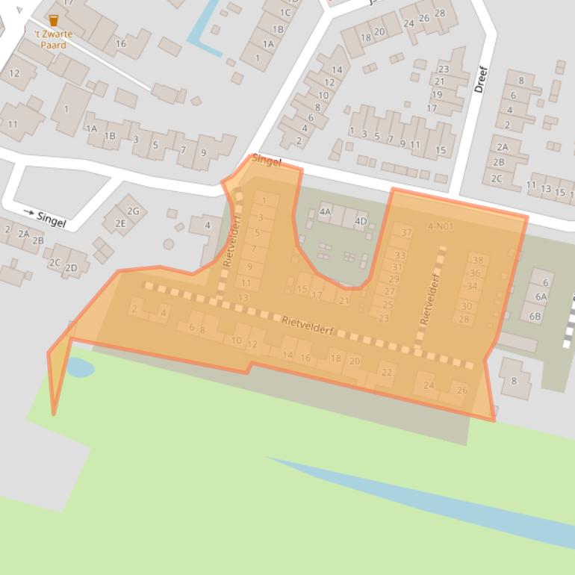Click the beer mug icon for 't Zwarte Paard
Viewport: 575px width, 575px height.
[x=53, y=20]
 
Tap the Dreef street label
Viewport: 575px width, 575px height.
[x=480, y=79]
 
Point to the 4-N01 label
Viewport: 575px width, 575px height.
[x=441, y=226]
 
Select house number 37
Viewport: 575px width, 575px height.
[x=405, y=233]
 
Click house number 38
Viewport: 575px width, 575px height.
[x=478, y=261]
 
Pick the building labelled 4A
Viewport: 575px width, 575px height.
[x=325, y=212]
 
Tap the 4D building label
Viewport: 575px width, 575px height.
[x=361, y=221]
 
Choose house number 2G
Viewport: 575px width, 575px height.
[x=133, y=211]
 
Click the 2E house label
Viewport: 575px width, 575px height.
[x=120, y=223]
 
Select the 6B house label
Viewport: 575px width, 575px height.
[x=535, y=316]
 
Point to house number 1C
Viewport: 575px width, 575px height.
[x=285, y=13]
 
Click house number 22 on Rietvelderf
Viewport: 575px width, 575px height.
[x=386, y=373]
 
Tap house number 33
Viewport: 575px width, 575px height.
[x=400, y=255]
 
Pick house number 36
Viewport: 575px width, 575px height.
[x=475, y=273]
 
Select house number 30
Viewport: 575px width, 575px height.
[x=467, y=306]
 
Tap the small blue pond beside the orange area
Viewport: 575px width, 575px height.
[x=80, y=367]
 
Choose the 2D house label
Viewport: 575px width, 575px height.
[x=71, y=268]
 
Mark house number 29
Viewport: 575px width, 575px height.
[x=394, y=279]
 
